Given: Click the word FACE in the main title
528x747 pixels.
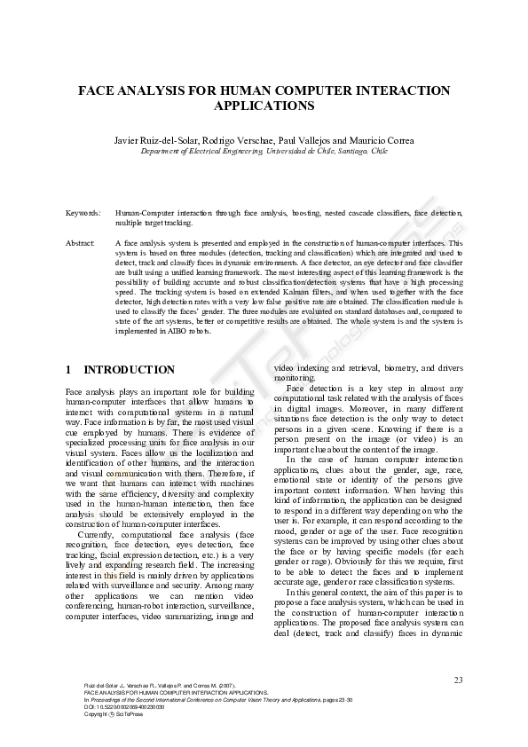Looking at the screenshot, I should (x=95, y=90).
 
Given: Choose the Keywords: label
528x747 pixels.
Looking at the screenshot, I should (x=83, y=214).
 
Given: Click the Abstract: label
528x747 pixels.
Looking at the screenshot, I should (x=81, y=242).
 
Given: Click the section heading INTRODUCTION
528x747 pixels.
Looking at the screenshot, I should (x=129, y=370).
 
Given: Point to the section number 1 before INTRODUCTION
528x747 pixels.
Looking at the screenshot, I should (x=69, y=370).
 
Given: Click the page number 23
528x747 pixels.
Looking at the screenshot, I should (x=458, y=680).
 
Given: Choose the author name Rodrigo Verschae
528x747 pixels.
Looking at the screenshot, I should (x=233, y=140).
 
